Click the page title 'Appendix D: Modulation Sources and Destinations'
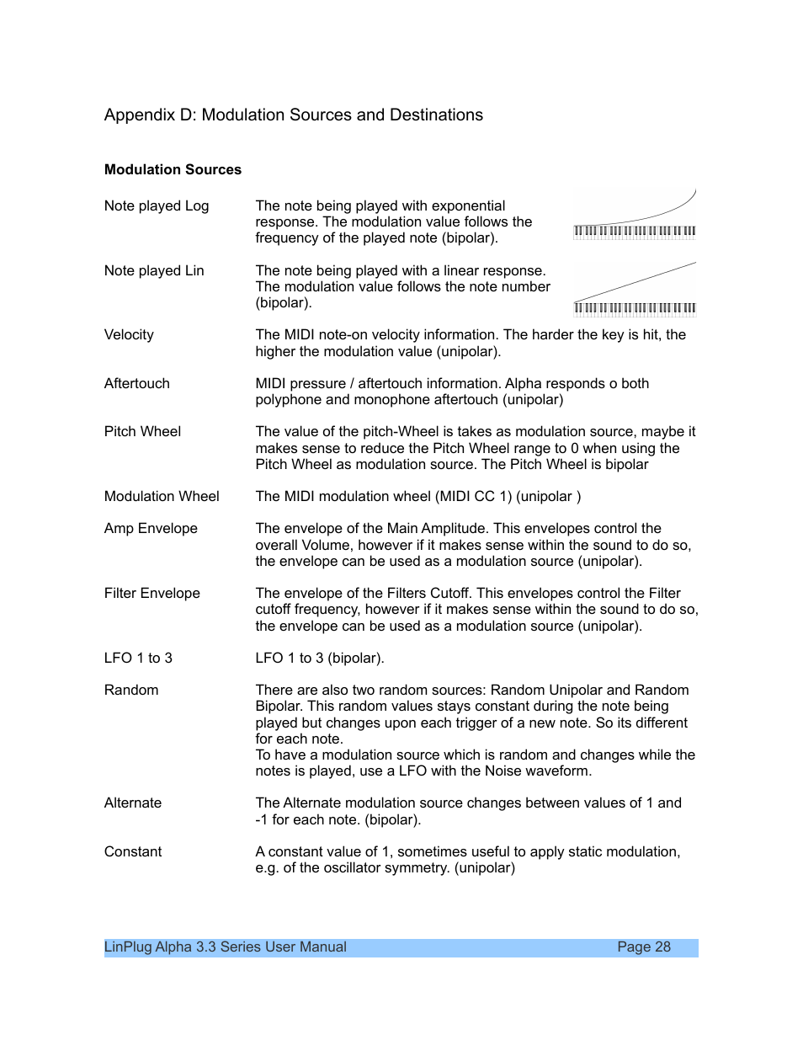tap(293, 115)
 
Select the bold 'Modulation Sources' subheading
tap(173, 170)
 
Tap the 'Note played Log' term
tap(157, 206)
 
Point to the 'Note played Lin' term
tap(154, 271)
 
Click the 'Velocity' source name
tap(129, 335)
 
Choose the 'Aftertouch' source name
tap(137, 384)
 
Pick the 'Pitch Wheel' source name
tap(142, 432)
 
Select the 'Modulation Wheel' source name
tap(162, 497)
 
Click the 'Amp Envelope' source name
tap(151, 529)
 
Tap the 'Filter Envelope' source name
tap(152, 594)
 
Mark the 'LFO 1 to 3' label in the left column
tap(138, 659)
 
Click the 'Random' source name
tap(131, 691)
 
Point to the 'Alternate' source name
tap(133, 803)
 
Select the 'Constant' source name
tap(133, 852)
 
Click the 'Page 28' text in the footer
tap(644, 947)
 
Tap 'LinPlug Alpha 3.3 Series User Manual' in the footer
tap(226, 947)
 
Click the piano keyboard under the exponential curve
tap(635, 232)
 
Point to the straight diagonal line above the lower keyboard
tap(635, 281)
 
